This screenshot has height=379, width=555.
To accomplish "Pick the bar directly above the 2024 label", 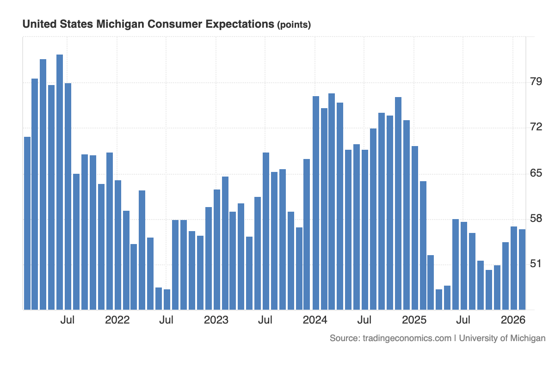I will tap(316, 203).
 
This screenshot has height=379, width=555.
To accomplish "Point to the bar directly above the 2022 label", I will tap(118, 245).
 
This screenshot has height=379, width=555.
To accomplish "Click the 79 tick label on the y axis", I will tap(536, 82).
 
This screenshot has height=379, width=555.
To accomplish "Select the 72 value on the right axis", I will tap(536, 127).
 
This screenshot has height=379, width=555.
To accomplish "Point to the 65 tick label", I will tap(536, 173).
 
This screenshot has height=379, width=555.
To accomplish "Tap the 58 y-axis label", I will tap(536, 218).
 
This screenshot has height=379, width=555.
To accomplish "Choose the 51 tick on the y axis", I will tap(536, 264).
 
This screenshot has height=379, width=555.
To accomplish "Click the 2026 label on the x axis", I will tap(512, 320).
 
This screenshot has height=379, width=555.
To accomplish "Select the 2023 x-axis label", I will tap(216, 320).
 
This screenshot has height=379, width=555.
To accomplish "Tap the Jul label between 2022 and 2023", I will tap(166, 320).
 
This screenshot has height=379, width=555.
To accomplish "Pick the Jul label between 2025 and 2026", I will tap(463, 320).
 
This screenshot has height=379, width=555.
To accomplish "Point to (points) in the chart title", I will tap(294, 25).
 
